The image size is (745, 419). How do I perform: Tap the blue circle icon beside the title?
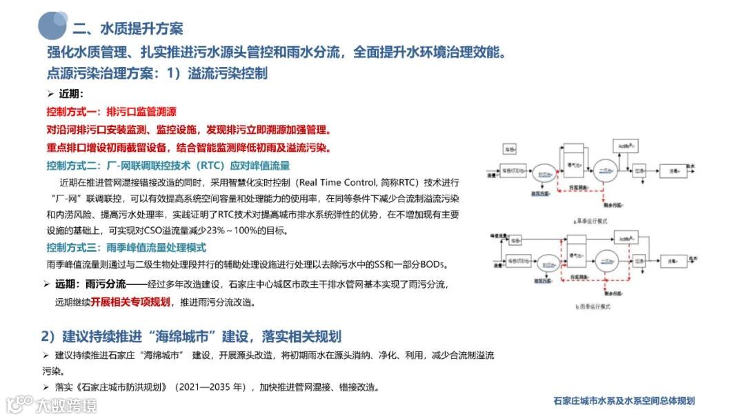click(x=52, y=26)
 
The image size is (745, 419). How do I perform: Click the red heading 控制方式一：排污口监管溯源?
click(x=111, y=112)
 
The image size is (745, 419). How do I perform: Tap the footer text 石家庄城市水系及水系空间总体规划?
click(x=624, y=401)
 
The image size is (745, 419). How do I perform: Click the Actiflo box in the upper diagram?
click(x=627, y=146)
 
